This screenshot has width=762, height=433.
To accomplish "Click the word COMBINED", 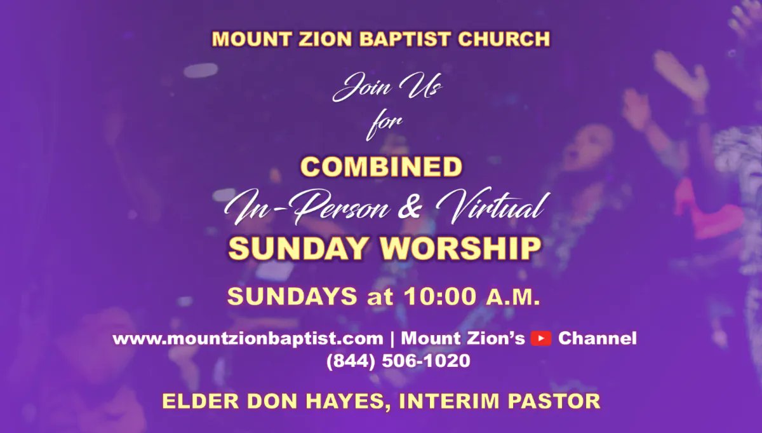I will (381, 167).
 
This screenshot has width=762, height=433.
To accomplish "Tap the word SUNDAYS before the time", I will (291, 296).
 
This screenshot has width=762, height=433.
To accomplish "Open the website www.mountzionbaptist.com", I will (248, 338).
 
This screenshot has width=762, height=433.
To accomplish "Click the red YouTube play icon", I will (541, 338).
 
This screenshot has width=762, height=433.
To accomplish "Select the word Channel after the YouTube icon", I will (597, 338).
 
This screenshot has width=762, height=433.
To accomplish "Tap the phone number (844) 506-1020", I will (398, 361).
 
